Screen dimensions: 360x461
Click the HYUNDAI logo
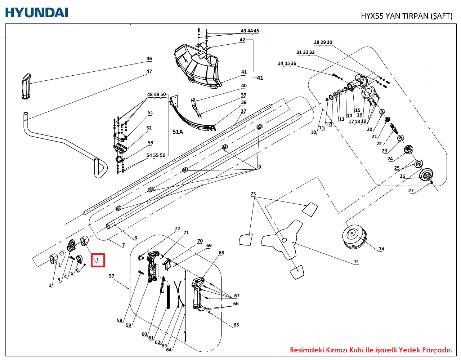pyautogui.click(x=36, y=12)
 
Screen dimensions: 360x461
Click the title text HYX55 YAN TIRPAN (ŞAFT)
pyautogui.click(x=406, y=16)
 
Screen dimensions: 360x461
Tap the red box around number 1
pyautogui.click(x=98, y=260)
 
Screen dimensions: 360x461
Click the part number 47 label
pyautogui.click(x=149, y=71)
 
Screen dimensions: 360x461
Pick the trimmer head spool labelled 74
pyautogui.click(x=354, y=235)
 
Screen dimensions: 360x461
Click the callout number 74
pyautogui.click(x=381, y=249)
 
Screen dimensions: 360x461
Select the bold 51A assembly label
pyautogui.click(x=178, y=132)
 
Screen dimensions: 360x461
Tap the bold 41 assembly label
pyautogui.click(x=260, y=78)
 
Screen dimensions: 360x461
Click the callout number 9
pyautogui.click(x=259, y=167)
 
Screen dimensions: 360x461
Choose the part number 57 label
pyautogui.click(x=112, y=276)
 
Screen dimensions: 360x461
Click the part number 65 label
pyautogui.click(x=236, y=325)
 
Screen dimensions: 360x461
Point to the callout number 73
pyautogui.click(x=253, y=194)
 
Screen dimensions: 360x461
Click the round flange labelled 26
pyautogui.click(x=426, y=175)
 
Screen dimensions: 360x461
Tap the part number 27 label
pyautogui.click(x=411, y=191)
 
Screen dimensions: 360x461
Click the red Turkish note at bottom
pyautogui.click(x=371, y=350)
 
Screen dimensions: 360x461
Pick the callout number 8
pyautogui.click(x=135, y=238)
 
